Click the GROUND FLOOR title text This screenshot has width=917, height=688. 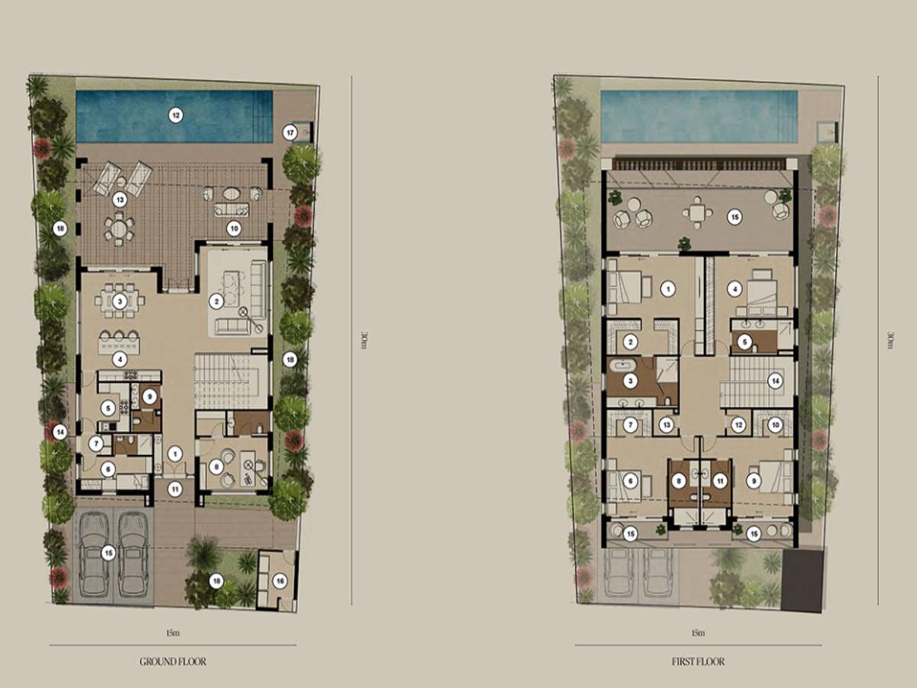click(x=173, y=661)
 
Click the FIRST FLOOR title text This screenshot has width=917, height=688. click(x=698, y=661)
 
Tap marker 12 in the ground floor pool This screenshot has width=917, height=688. click(x=176, y=115)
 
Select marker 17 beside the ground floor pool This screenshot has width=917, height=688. click(x=290, y=133)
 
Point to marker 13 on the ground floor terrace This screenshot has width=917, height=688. click(x=120, y=200)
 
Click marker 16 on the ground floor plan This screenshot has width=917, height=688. click(x=280, y=581)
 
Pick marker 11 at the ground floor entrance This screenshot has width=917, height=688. click(x=175, y=489)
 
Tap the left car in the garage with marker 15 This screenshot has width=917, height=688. click(x=93, y=554)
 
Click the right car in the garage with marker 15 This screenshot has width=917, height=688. click(x=132, y=554)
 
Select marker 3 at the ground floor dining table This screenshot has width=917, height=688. click(x=120, y=301)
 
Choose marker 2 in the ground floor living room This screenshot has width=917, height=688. click(x=216, y=301)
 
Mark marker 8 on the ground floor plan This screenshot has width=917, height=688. click(x=216, y=467)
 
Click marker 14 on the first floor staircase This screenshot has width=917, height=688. click(x=776, y=381)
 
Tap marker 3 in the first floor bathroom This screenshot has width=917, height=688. click(x=630, y=381)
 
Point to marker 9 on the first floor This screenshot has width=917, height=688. click(x=754, y=482)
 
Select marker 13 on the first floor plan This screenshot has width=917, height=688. click(x=666, y=425)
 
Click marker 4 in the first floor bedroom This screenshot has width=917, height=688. click(x=734, y=289)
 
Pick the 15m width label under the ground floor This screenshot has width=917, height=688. click(x=173, y=633)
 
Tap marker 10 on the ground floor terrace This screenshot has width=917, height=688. click(x=234, y=229)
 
